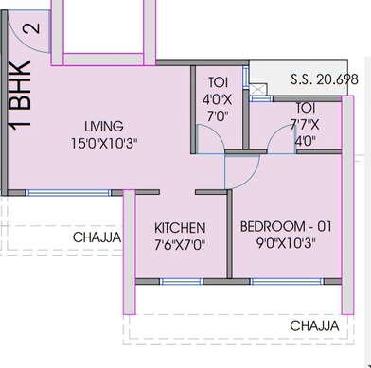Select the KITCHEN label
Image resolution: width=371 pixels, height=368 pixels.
click(180, 228)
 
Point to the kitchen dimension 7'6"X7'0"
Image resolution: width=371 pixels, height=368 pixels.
click(180, 244)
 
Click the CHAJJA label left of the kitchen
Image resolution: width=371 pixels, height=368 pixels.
click(97, 237)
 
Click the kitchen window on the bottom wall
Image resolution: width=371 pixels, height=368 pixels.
click(180, 282)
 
